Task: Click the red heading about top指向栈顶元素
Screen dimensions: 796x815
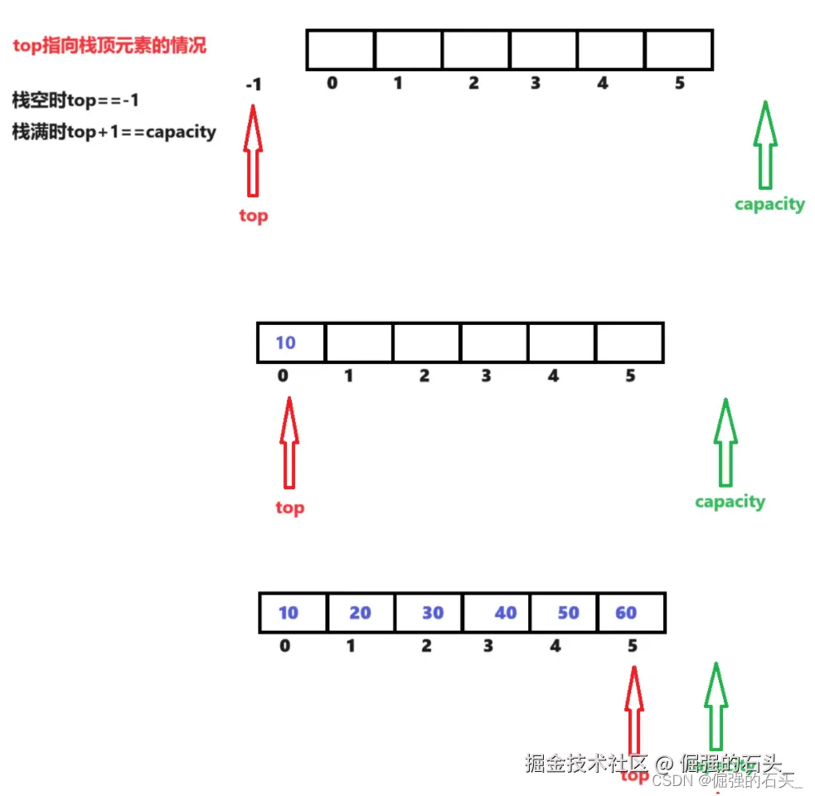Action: point(109,46)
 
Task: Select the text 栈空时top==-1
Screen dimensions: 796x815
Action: point(75,100)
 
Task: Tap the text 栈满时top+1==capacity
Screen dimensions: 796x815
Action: point(114,131)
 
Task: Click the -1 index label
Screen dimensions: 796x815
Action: point(254,85)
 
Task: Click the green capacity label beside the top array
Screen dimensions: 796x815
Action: point(769,204)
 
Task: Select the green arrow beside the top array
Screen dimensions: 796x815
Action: point(765,145)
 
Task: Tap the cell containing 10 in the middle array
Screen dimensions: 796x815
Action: point(291,343)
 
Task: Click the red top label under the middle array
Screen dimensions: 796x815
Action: point(289,507)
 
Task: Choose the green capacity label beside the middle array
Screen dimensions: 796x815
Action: point(730,502)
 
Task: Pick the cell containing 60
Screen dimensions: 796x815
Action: point(630,613)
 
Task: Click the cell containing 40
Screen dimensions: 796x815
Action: point(497,613)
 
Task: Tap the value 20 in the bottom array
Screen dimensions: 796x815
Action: point(360,613)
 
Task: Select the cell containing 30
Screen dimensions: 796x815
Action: point(429,613)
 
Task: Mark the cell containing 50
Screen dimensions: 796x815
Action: point(564,613)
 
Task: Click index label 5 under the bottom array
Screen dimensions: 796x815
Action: point(632,646)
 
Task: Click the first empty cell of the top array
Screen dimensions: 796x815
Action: point(340,50)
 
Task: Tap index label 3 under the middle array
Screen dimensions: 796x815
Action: point(486,376)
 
